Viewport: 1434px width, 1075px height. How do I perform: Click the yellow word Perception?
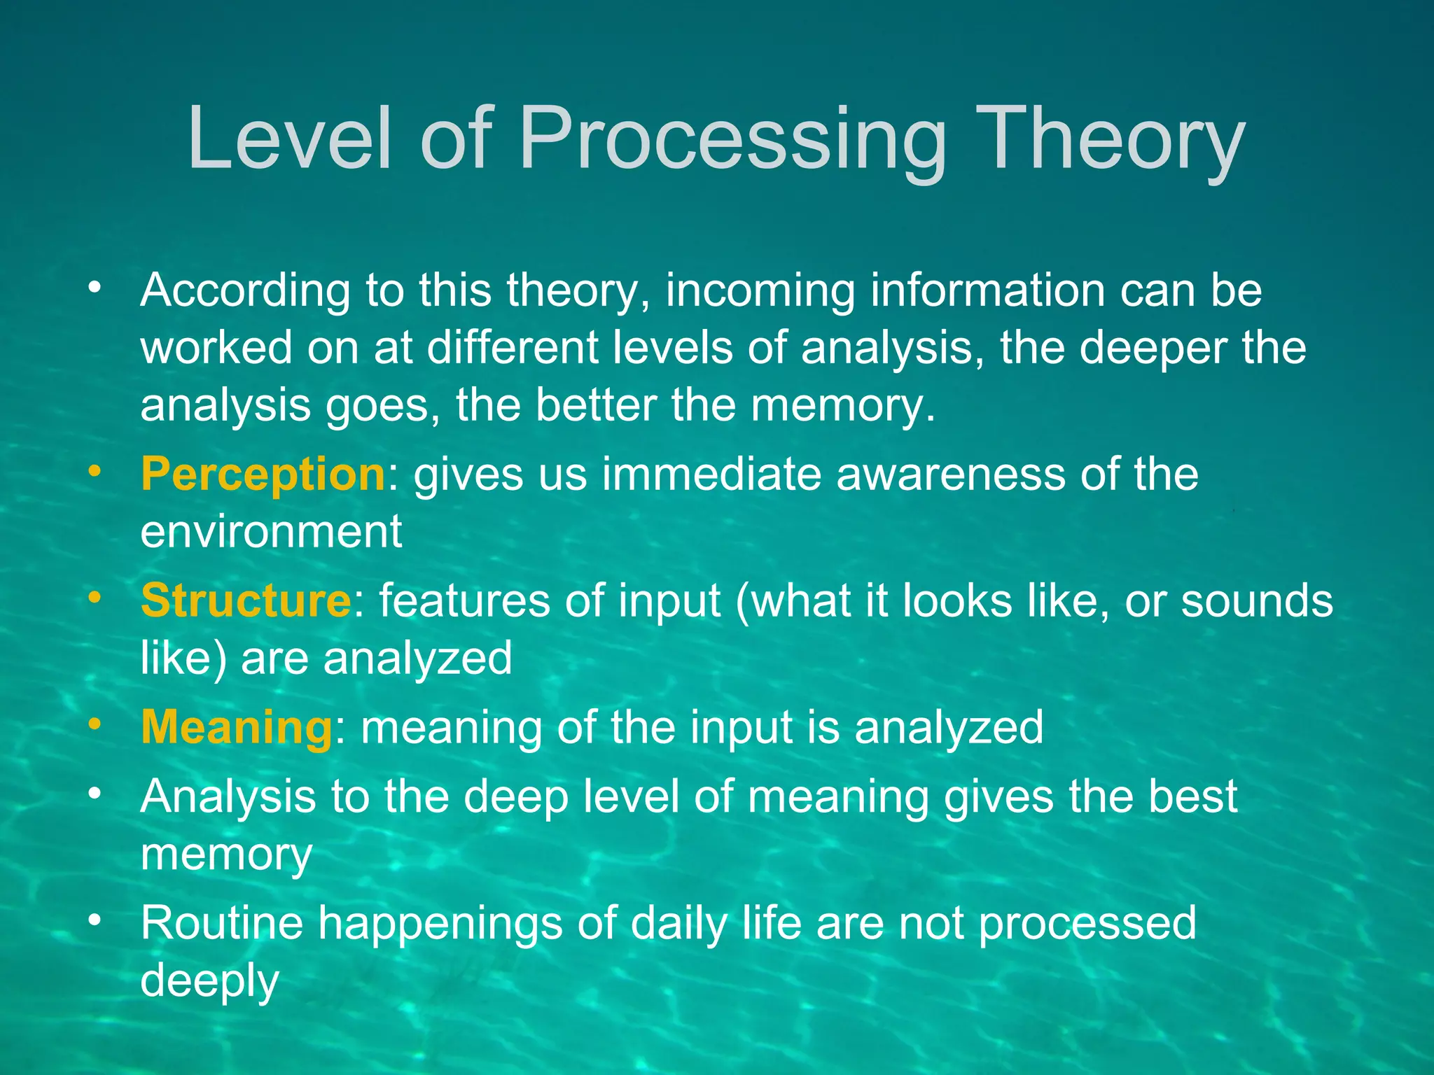click(x=263, y=475)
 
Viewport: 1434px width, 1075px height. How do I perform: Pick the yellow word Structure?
click(x=246, y=600)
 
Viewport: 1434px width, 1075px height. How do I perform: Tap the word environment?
click(x=271, y=532)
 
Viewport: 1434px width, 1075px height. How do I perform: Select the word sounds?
click(x=1257, y=600)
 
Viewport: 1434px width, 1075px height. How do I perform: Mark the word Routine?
click(x=222, y=922)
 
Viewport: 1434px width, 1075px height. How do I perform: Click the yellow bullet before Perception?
click(x=95, y=470)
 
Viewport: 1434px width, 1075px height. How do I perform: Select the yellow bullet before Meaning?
click(x=95, y=723)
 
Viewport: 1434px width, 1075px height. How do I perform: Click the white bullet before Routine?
click(x=95, y=918)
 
